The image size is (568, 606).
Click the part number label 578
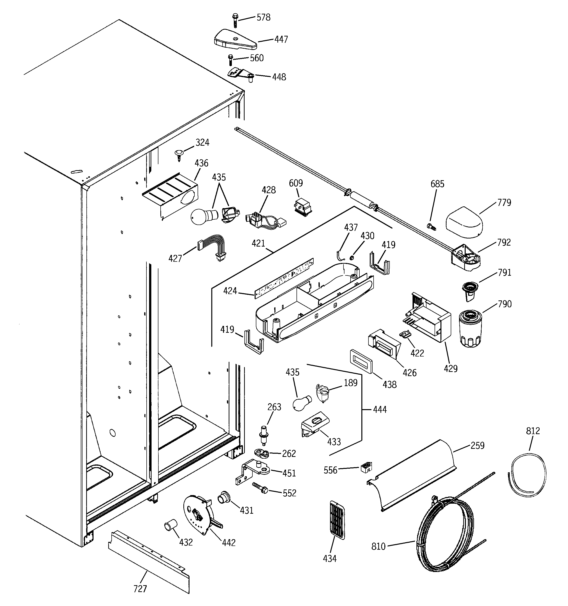coord(263,18)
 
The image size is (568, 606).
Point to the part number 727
coord(140,589)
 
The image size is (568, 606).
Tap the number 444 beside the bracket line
coord(380,409)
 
